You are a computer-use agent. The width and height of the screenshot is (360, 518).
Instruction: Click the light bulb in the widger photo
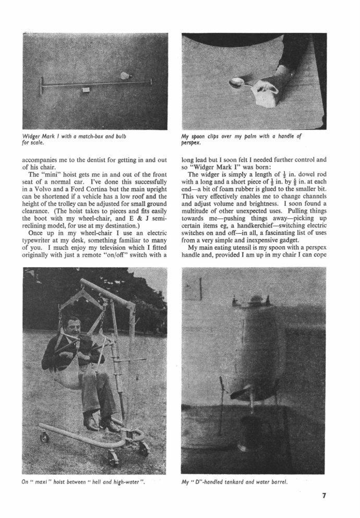coord(124,76)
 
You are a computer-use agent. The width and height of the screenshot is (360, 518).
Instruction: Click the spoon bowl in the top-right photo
coord(236,82)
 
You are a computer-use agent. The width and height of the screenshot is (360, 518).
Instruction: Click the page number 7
coord(324,496)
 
